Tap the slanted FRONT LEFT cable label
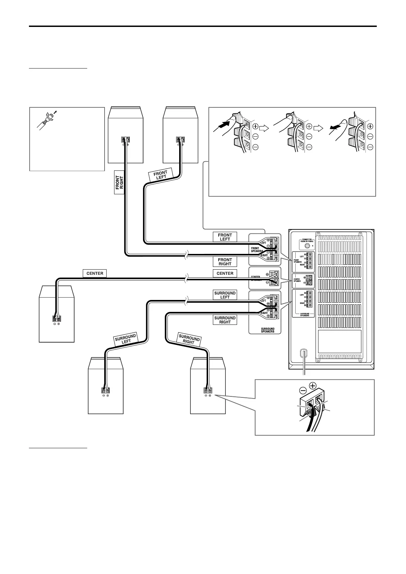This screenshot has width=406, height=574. (x=161, y=175)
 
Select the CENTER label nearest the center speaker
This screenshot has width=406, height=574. (x=95, y=273)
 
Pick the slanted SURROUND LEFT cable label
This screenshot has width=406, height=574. (x=126, y=339)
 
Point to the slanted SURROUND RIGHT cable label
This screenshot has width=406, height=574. (x=189, y=339)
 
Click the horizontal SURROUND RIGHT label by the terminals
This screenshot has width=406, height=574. (x=225, y=320)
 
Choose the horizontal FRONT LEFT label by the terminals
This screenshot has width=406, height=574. (x=225, y=237)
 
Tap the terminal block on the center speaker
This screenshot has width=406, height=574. (x=57, y=319)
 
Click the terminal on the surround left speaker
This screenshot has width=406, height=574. (x=106, y=391)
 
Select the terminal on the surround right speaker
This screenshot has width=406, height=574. (x=208, y=391)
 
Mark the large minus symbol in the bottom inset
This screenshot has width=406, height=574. (x=303, y=390)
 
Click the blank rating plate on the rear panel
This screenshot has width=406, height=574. (x=339, y=341)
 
